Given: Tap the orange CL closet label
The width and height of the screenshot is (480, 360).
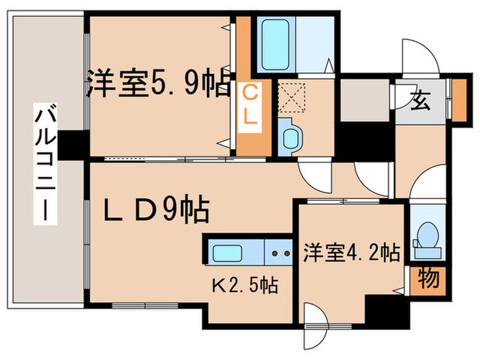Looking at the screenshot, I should pyautogui.click(x=250, y=104).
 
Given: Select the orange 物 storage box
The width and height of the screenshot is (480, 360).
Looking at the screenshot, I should pyautogui.click(x=429, y=278).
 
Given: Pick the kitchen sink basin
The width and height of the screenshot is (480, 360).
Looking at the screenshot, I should pyautogui.click(x=228, y=252).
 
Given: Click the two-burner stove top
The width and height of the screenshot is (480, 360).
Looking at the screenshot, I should pyautogui.click(x=279, y=252).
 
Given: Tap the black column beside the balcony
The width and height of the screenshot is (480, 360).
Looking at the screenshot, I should pyautogui.click(x=73, y=145).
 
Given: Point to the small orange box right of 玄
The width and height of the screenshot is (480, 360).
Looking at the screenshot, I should pyautogui.click(x=458, y=90).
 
